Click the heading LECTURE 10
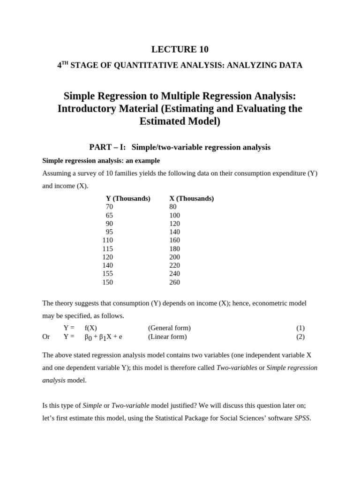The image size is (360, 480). [180, 49]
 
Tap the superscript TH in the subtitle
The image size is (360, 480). [65, 63]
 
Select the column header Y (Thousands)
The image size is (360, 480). [128, 198]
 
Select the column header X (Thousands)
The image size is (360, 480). [191, 198]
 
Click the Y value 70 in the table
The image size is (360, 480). [109, 207]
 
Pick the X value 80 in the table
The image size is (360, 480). [173, 207]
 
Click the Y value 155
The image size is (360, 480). [107, 274]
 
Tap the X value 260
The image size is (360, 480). [174, 282]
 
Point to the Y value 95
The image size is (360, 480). [109, 232]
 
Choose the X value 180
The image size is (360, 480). [174, 249]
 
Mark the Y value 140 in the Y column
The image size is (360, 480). [107, 265]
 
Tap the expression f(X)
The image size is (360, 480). [90, 328]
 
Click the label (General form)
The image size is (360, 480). [169, 328]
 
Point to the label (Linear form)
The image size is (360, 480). [167, 337]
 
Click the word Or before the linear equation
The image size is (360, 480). [46, 337]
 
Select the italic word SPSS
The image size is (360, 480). [302, 418]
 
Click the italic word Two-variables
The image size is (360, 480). [236, 368]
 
